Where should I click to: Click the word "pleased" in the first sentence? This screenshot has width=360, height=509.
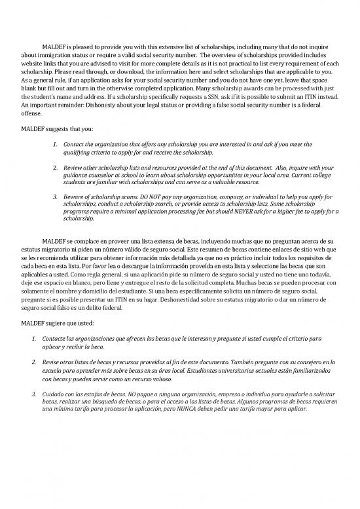point(88,48)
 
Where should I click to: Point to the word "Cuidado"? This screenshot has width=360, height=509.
point(54,393)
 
